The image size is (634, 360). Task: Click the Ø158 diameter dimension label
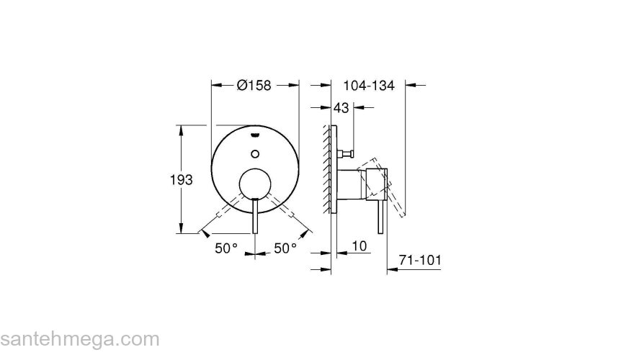pyautogui.click(x=254, y=85)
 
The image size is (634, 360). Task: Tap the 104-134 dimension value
pyautogui.click(x=369, y=85)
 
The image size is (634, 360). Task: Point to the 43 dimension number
pyautogui.click(x=341, y=108)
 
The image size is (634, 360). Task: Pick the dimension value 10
pyautogui.click(x=360, y=246)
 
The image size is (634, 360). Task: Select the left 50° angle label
pyautogui.click(x=226, y=248)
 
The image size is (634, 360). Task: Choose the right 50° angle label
pyautogui.click(x=285, y=248)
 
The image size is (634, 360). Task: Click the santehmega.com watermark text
pyautogui.click(x=79, y=339)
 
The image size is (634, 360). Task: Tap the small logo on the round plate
pyautogui.click(x=255, y=135)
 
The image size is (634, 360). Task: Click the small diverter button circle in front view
pyautogui.click(x=254, y=153)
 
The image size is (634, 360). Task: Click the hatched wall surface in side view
pyautogui.click(x=328, y=169)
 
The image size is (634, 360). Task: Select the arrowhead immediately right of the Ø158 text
pyautogui.click(x=293, y=85)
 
